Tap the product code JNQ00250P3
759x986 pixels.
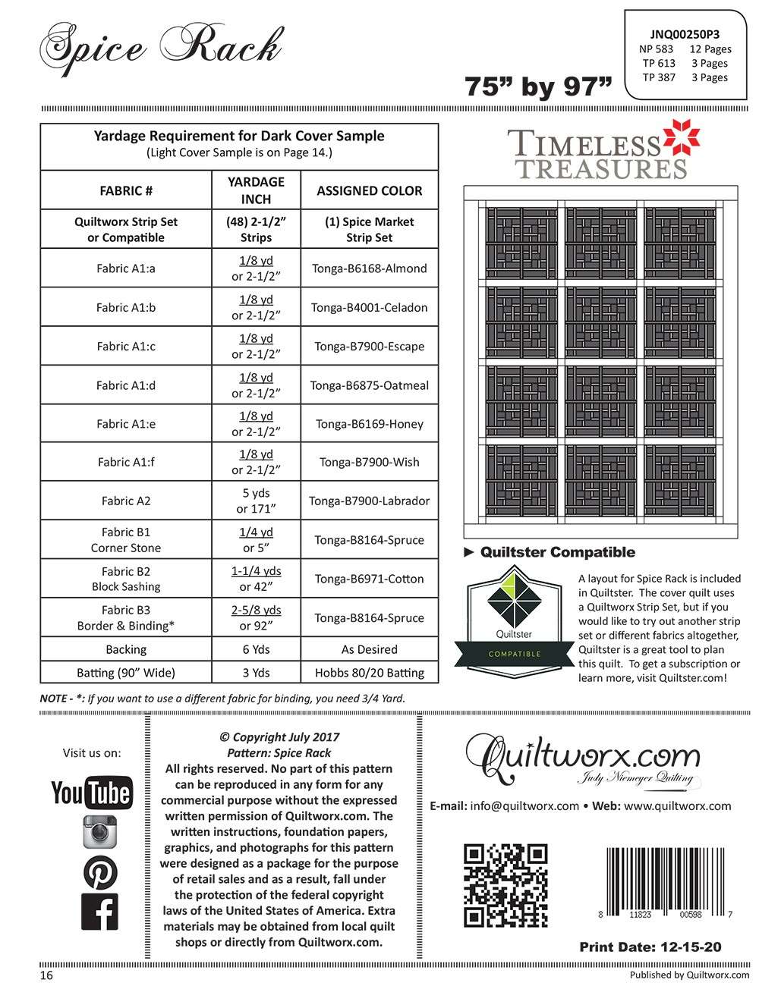[685, 33]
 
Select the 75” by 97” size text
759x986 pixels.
[538, 87]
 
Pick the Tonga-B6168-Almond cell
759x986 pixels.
[370, 268]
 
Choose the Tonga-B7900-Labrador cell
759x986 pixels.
[370, 501]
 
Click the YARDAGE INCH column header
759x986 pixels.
[256, 190]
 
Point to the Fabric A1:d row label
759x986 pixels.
[126, 385]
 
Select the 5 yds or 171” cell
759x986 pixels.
[256, 501]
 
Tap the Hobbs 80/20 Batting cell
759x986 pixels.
[370, 672]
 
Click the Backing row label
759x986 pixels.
[126, 649]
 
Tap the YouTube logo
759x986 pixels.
[91, 793]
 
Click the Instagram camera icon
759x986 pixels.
[99, 831]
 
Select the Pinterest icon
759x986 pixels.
[99, 872]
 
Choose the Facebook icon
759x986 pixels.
[99, 912]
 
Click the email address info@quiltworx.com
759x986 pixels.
[524, 806]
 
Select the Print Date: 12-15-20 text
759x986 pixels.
[650, 947]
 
